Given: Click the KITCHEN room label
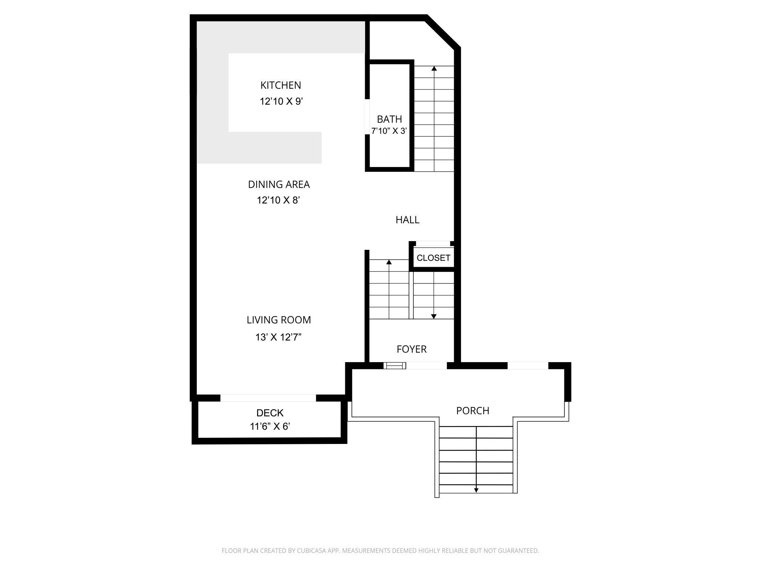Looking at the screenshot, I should (281, 85).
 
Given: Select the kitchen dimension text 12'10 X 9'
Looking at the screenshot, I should (281, 101).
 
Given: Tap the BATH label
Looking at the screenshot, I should (389, 119).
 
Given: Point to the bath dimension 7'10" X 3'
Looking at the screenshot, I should (389, 131).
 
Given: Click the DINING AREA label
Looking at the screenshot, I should (279, 185).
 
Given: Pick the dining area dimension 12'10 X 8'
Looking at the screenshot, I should (278, 200).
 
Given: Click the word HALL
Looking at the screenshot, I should (407, 220).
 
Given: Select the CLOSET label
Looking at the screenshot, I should (433, 258).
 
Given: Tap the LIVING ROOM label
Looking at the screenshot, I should (278, 320).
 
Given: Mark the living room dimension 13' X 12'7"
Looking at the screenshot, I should (278, 337).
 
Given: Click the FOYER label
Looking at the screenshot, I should (412, 349).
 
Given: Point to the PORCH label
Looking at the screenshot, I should (472, 411).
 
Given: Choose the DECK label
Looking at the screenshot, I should (270, 413).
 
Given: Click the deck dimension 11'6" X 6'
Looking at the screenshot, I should (270, 426).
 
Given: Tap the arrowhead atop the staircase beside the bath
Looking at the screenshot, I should (434, 68).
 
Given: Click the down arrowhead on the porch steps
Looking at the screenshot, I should (476, 490).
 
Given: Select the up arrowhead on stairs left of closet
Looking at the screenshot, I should (389, 262).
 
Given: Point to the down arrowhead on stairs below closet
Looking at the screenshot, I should (434, 316).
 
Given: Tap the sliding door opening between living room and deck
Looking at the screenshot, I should (268, 398).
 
